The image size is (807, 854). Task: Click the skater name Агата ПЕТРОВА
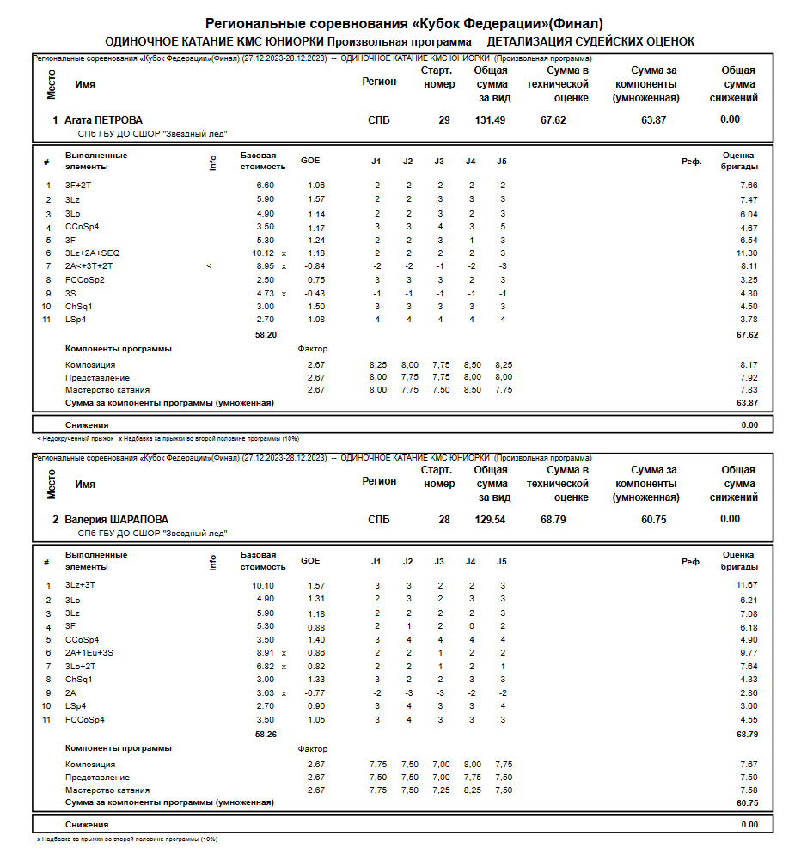(103, 120)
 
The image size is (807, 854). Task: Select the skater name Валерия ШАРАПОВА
(116, 520)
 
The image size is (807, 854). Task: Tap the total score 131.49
(490, 120)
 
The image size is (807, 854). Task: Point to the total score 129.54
(490, 520)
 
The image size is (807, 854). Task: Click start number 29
(443, 120)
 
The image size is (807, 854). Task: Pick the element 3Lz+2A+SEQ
(93, 253)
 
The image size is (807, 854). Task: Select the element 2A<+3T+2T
(89, 266)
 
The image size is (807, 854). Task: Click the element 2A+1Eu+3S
(89, 653)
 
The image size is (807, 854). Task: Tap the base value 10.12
(263, 253)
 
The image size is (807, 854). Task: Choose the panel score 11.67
(747, 585)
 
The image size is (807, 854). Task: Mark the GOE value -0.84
(315, 266)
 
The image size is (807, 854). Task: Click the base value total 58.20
(266, 335)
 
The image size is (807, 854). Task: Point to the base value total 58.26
(266, 735)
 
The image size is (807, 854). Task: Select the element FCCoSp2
(84, 280)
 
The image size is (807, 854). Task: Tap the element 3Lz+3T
(80, 585)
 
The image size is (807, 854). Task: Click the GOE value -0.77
(315, 692)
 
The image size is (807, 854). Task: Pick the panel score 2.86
(749, 692)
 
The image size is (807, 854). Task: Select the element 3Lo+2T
(80, 666)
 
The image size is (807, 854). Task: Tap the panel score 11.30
(747, 253)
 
